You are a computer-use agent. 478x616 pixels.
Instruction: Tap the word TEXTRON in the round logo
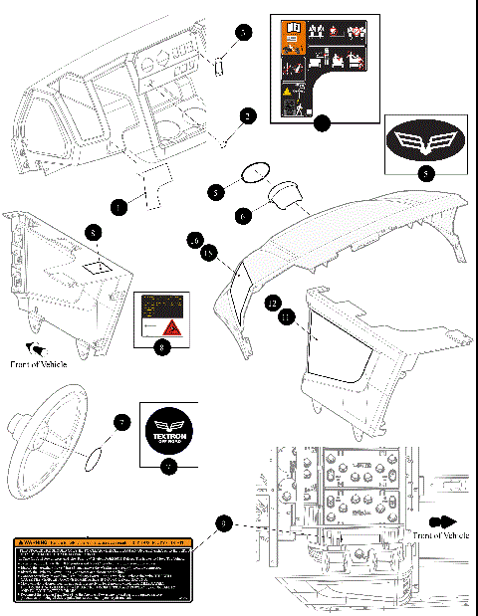pyautogui.click(x=169, y=435)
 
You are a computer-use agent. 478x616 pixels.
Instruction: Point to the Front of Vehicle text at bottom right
pyautogui.click(x=439, y=535)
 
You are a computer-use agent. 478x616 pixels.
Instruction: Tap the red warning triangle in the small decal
pyautogui.click(x=170, y=327)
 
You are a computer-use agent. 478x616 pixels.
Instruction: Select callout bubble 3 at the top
pyautogui.click(x=243, y=32)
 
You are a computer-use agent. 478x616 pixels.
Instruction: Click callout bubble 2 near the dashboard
pyautogui.click(x=247, y=115)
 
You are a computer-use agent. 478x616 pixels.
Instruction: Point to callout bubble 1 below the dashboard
pyautogui.click(x=119, y=207)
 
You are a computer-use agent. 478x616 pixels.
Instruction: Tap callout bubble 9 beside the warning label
pyautogui.click(x=225, y=522)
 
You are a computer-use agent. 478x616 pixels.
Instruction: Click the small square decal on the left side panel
pyautogui.click(x=99, y=267)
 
